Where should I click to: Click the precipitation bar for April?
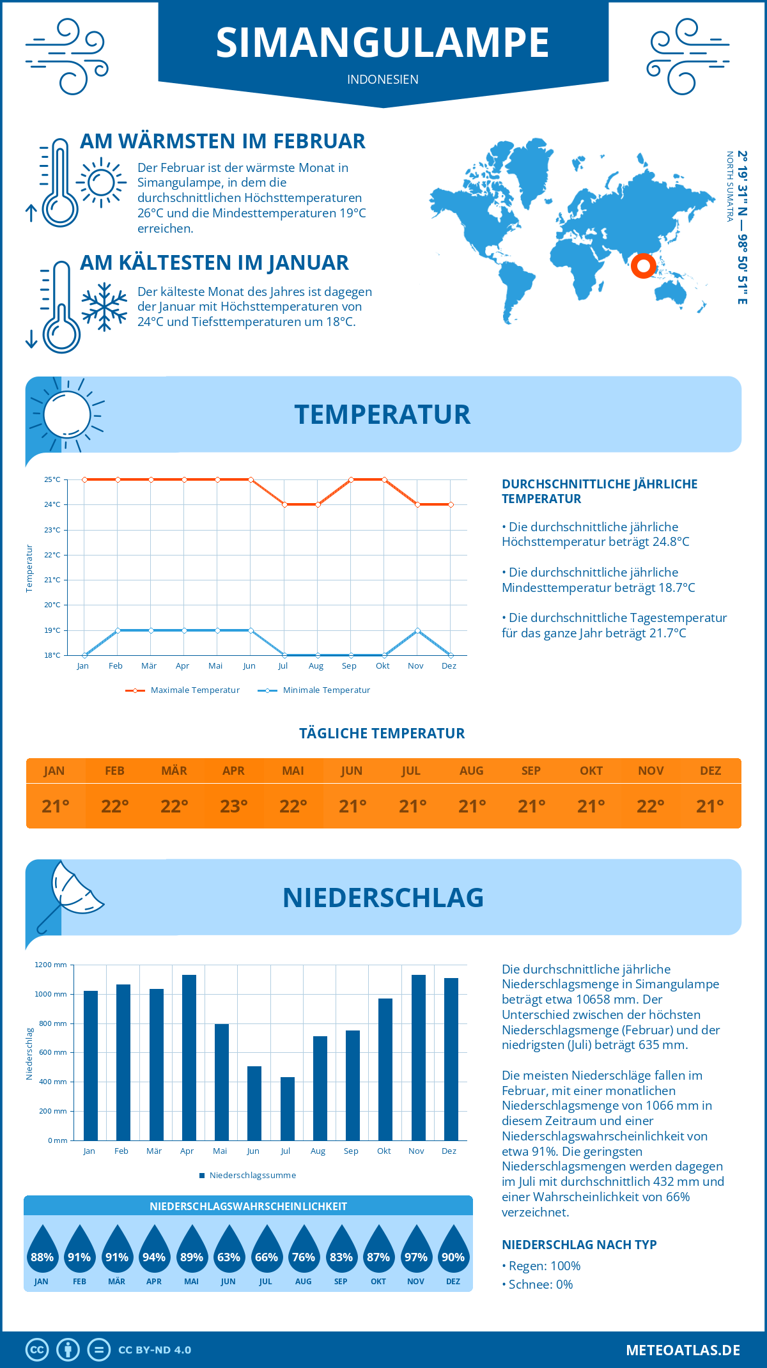pos(189,1057)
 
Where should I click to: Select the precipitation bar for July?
pos(288,1108)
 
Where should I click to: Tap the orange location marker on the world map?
pos(643,265)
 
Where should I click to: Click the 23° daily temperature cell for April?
pos(234,806)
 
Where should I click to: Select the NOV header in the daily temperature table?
pos(651,771)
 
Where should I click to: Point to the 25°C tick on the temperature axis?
pos(52,479)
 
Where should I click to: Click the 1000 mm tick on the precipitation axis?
pos(51,994)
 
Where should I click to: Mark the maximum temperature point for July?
pos(284,504)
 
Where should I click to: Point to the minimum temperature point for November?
pos(417,630)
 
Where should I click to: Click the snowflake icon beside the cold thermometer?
pos(104,306)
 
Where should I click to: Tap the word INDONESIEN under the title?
pos(383,79)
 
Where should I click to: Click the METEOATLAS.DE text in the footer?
pos(683,1350)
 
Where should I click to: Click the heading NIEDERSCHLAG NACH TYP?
pos(579,1245)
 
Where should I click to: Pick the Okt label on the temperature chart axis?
pos(382,666)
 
